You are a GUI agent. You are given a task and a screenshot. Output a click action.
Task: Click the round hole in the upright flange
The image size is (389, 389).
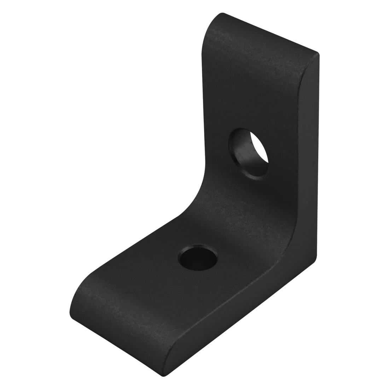coord(249,153)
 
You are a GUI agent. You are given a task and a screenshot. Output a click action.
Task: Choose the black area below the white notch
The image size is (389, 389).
coord(354,318)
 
